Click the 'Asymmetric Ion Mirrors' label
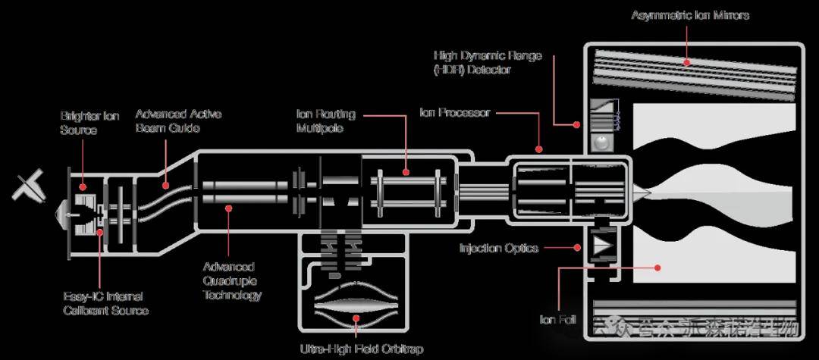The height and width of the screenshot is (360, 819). [690, 15]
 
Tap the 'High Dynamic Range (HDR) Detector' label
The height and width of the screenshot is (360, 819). [488, 63]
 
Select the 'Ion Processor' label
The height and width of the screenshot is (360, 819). [455, 113]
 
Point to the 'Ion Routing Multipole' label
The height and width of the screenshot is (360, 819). [325, 121]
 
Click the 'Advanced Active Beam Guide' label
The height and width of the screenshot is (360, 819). [178, 121]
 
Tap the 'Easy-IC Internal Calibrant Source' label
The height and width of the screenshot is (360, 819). [105, 303]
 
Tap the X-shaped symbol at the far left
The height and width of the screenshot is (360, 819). [30, 185]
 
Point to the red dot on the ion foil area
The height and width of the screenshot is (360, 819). [658, 267]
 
